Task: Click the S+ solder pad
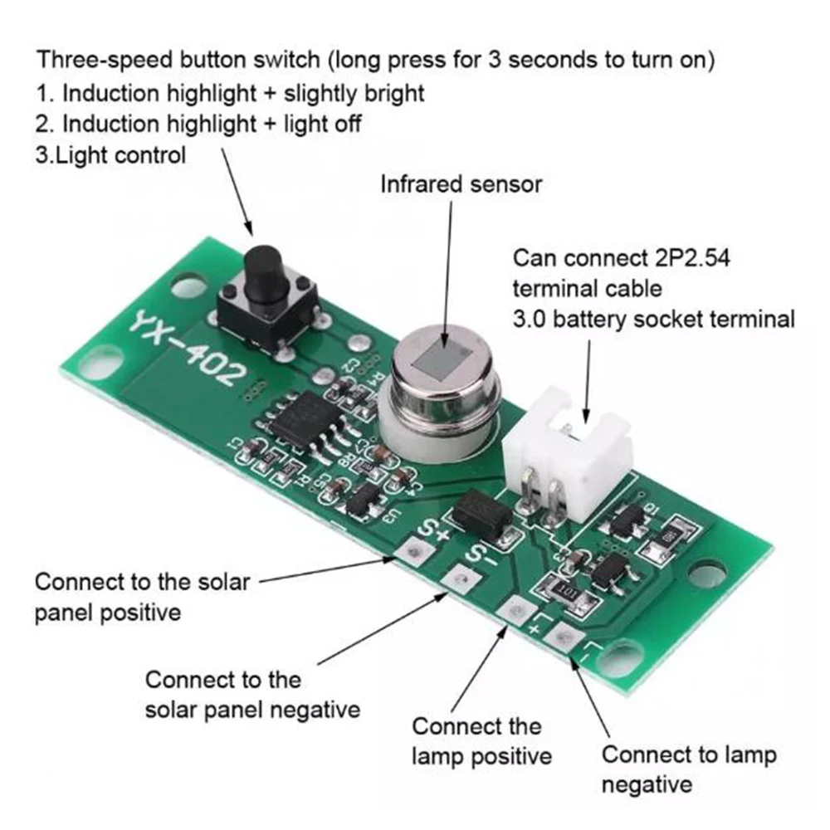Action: (x=411, y=549)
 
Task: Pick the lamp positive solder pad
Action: (x=516, y=610)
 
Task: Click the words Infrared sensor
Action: (x=461, y=183)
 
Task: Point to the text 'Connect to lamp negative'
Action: (x=688, y=769)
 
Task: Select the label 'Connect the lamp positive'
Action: (x=481, y=741)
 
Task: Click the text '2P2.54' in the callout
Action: (x=692, y=257)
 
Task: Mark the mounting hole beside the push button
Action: (x=188, y=288)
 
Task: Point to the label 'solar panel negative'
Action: (x=253, y=710)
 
